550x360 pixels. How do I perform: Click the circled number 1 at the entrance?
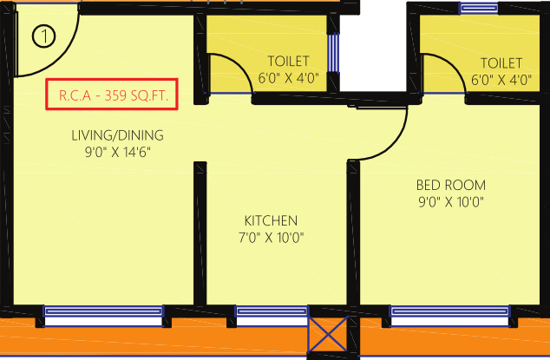pyautogui.click(x=43, y=37)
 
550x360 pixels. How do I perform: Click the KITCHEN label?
pyautogui.click(x=271, y=220)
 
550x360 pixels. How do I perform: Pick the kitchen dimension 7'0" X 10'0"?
pyautogui.click(x=271, y=237)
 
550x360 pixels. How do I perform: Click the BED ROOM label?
pyautogui.click(x=450, y=186)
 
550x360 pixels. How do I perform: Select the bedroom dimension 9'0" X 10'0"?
pyautogui.click(x=450, y=202)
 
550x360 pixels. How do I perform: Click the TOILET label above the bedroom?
pyautogui.click(x=501, y=62)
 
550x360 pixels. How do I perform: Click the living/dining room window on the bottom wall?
pyautogui.click(x=103, y=311)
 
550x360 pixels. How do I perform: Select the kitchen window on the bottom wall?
pyautogui.click(x=271, y=311)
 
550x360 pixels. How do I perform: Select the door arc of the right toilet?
pyautogui.click(x=442, y=69)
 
